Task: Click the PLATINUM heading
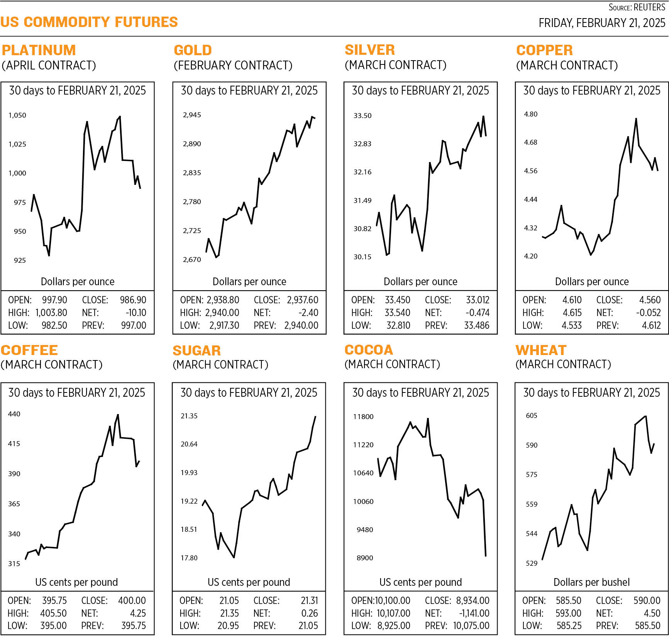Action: coord(39,50)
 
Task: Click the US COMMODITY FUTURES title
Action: coord(89,22)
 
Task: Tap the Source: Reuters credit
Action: coord(637,7)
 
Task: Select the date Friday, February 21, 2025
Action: coord(602,23)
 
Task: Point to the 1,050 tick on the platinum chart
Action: coord(17,115)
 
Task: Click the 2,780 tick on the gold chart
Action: coord(192,201)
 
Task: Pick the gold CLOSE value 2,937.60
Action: coord(302,300)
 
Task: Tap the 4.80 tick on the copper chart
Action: coord(530,114)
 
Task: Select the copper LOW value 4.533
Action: coord(572,325)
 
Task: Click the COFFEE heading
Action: coord(29,350)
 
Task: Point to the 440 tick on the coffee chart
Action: coord(14,414)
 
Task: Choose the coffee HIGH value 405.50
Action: coord(53,613)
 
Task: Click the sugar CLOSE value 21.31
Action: coord(309,600)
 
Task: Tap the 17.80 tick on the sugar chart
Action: coord(189,558)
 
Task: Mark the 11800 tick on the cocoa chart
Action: coord(363,416)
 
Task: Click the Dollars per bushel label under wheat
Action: coord(591,582)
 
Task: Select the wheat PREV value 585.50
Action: coord(647,626)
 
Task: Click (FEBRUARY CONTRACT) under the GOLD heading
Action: coord(233,65)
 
